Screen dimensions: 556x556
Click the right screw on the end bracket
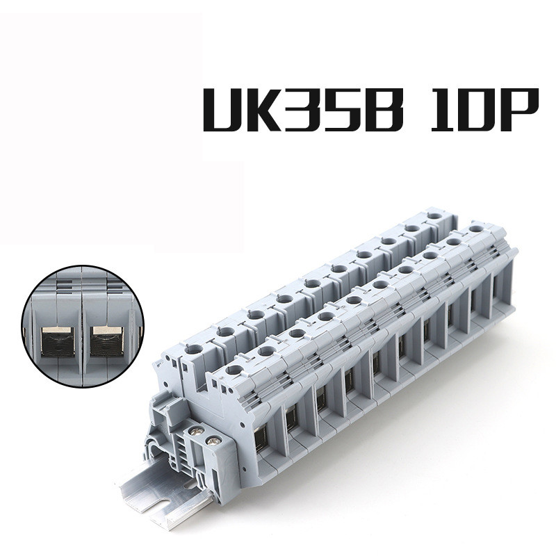point(215,440)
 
